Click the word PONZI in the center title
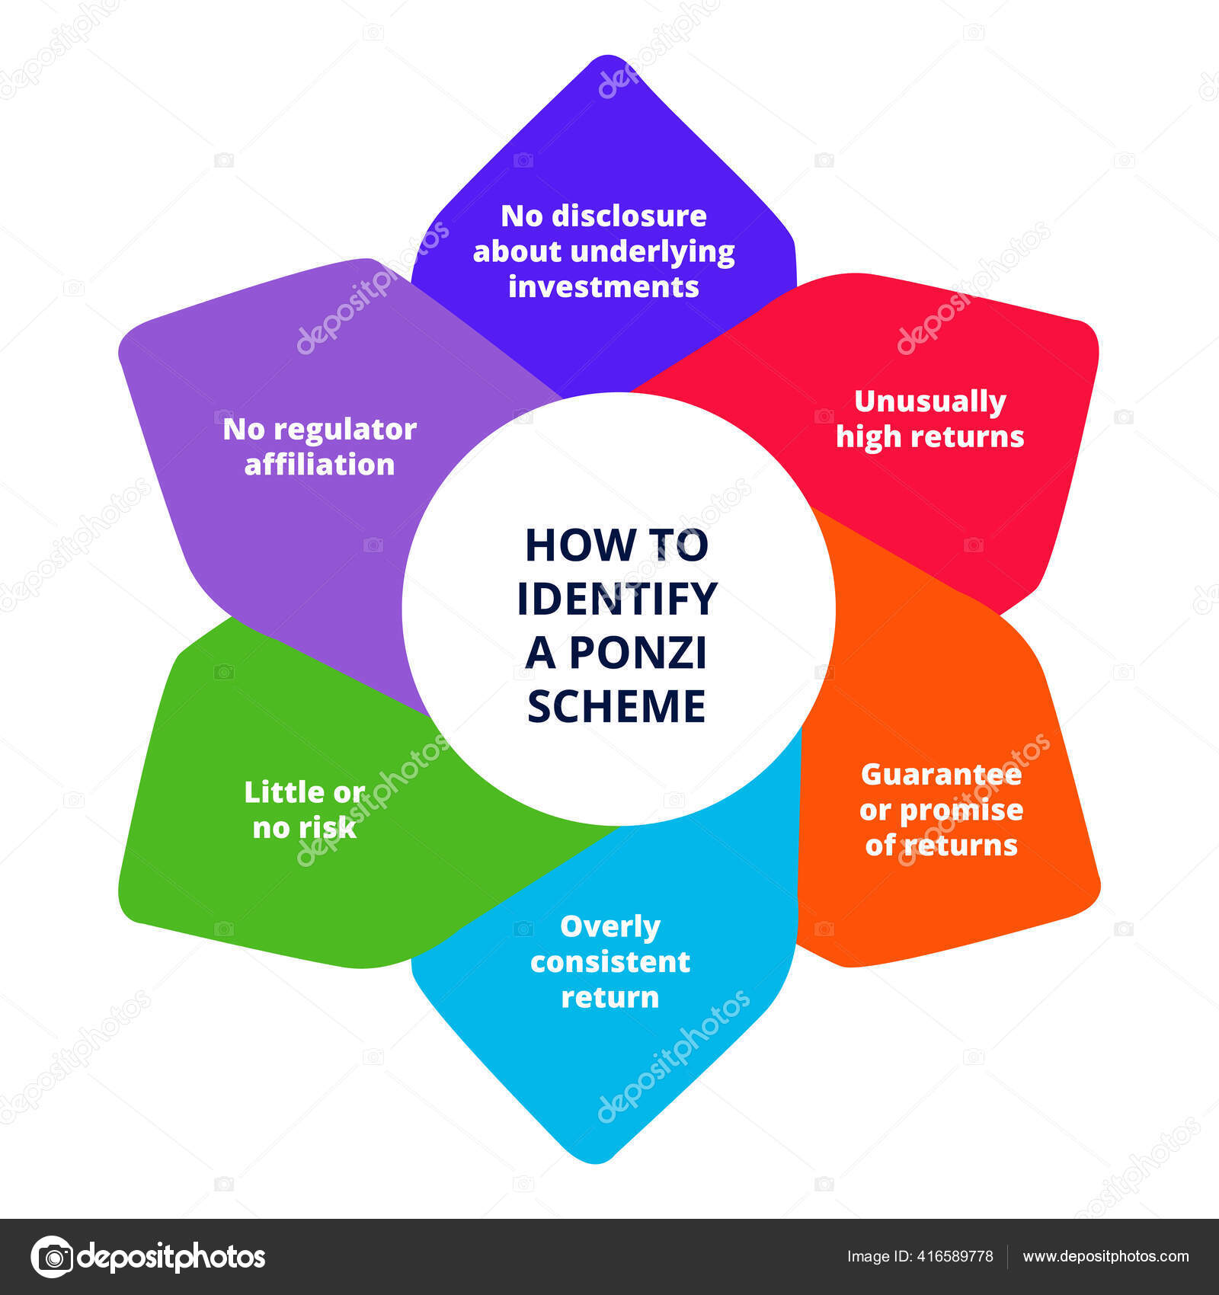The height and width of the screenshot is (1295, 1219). (638, 652)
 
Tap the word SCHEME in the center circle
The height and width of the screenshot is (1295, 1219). (616, 705)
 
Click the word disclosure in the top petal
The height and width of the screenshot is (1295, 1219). (629, 216)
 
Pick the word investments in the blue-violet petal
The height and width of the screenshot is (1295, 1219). (603, 286)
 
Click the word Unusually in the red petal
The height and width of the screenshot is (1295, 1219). (930, 402)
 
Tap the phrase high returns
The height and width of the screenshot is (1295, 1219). (930, 436)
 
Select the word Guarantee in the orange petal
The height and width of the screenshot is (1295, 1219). (941, 774)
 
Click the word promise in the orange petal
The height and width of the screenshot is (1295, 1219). (961, 811)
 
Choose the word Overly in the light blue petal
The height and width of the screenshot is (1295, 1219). (610, 927)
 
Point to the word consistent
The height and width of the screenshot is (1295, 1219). (610, 961)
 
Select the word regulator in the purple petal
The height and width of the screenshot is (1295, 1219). (345, 430)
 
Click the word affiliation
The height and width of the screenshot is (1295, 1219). (319, 464)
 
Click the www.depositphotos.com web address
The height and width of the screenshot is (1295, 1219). (1106, 1257)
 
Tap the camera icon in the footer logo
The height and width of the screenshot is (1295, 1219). (52, 1256)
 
